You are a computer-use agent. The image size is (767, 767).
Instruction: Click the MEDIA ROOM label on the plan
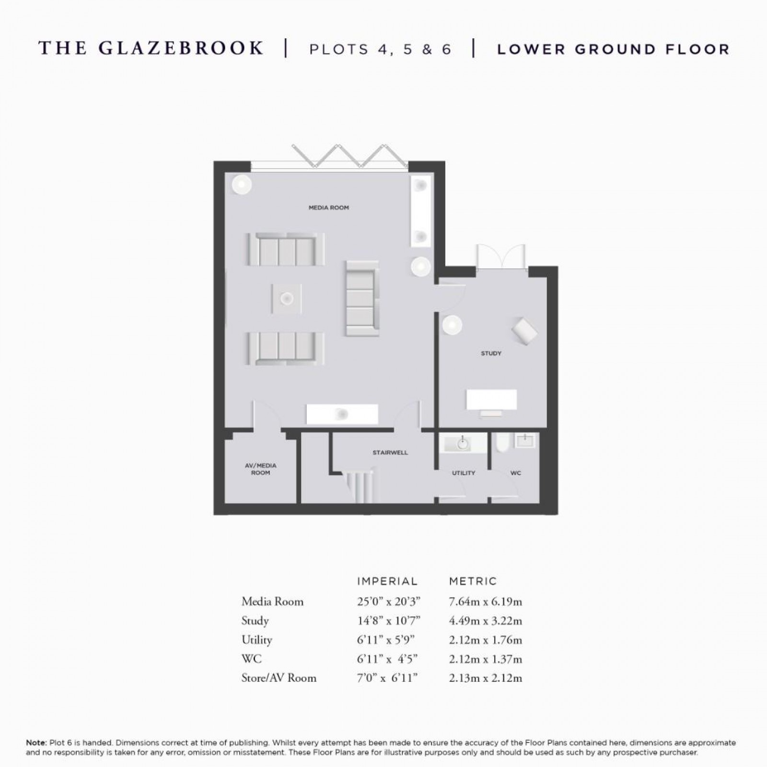click(x=328, y=208)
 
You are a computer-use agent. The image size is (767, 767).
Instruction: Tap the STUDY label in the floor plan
click(x=491, y=353)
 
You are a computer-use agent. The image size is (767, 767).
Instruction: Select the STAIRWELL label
click(x=390, y=453)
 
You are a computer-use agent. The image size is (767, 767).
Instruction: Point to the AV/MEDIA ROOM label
click(x=260, y=469)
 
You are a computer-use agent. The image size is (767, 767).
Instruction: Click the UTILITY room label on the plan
click(x=463, y=473)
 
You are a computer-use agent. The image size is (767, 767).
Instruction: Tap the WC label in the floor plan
click(x=515, y=473)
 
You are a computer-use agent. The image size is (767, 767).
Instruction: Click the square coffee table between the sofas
click(x=287, y=299)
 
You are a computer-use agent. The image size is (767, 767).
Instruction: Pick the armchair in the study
click(x=524, y=330)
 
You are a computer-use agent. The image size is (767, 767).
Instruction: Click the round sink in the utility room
click(x=462, y=444)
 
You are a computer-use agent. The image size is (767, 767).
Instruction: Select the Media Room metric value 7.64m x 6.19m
click(x=485, y=602)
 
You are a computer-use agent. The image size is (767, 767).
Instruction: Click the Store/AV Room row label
click(x=279, y=678)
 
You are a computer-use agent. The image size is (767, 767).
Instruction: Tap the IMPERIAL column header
click(x=387, y=581)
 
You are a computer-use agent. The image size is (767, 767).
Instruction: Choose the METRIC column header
click(x=473, y=581)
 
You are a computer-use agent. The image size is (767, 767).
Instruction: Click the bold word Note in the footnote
click(x=36, y=743)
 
